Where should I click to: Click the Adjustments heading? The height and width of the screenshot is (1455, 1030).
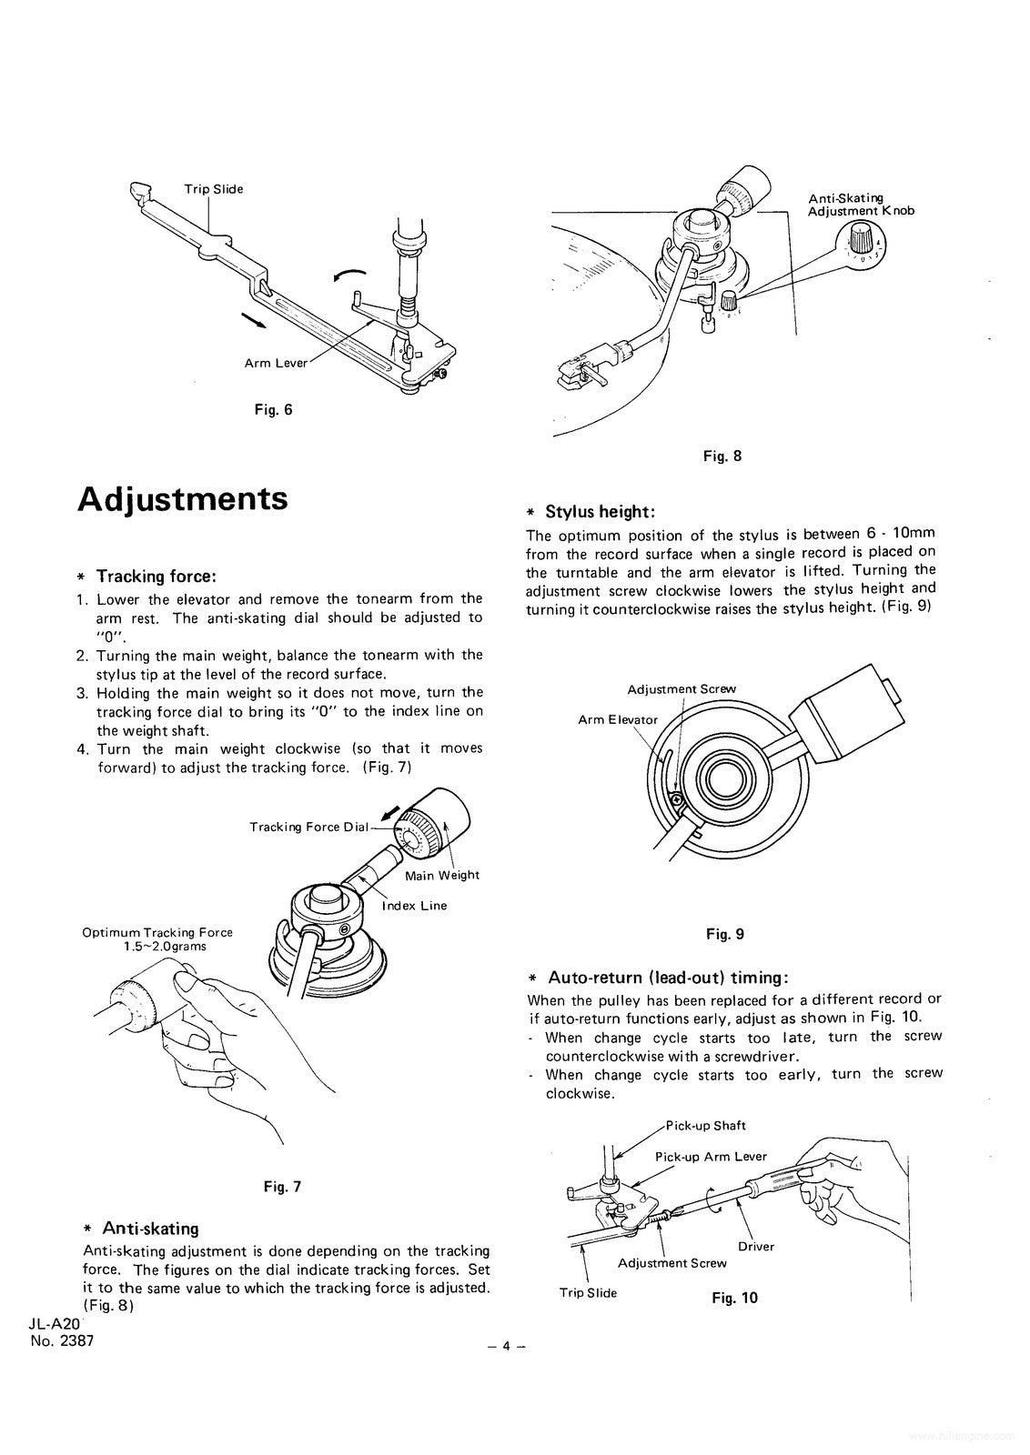point(183,499)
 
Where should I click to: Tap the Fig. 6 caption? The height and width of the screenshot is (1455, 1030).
point(273,409)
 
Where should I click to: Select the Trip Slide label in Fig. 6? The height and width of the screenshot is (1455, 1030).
point(214,189)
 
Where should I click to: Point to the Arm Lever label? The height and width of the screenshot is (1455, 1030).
point(276,363)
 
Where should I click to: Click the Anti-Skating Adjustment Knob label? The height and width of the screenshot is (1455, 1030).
point(861,205)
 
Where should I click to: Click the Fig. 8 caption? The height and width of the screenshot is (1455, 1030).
point(722,456)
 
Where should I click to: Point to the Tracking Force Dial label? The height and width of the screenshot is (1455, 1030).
point(309,827)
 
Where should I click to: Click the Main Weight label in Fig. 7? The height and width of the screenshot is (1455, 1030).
point(442,875)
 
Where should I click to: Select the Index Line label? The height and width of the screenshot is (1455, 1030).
point(414,906)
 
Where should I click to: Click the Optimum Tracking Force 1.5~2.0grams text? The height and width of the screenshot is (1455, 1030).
point(157,938)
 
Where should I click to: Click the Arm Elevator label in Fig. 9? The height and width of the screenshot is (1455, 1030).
point(618,719)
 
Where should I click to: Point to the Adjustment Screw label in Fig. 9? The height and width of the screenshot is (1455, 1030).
point(682,688)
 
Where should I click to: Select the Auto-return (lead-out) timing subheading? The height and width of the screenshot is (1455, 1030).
point(667,978)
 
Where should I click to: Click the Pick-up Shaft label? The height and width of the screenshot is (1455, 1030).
point(706,1125)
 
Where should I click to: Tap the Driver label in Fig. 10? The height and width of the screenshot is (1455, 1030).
point(756,1246)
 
